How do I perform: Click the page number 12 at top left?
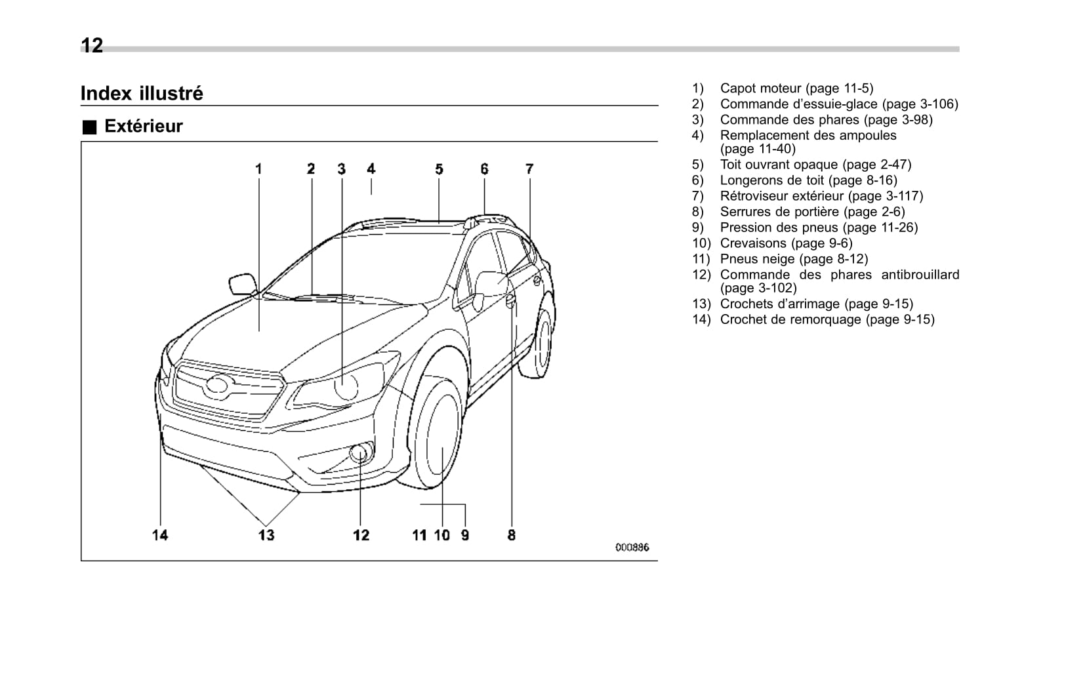pos(92,45)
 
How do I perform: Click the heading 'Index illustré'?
pos(142,93)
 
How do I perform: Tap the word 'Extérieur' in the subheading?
pos(143,126)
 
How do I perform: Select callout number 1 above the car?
pos(258,169)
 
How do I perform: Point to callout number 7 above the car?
pos(529,169)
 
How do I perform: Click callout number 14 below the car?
pos(160,535)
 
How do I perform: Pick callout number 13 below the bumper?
pos(266,535)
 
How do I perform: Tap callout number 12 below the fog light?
pos(361,535)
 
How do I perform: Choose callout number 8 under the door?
pos(511,535)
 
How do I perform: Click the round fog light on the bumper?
pos(360,452)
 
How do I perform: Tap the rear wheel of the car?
pos(542,344)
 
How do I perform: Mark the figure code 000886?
pos(632,548)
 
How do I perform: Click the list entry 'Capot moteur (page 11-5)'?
pos(796,89)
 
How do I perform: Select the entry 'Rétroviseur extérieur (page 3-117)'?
pos(821,196)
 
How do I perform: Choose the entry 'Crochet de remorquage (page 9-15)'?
pos(827,319)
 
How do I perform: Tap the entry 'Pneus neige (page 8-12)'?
pos(794,259)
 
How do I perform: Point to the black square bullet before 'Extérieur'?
pos(89,127)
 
